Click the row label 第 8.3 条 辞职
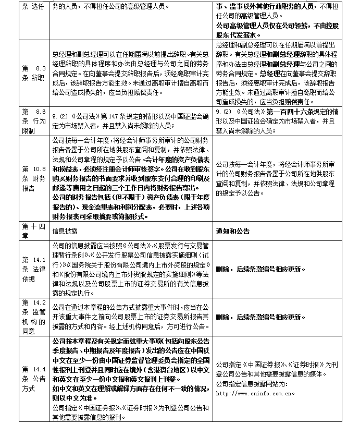coord(35,74)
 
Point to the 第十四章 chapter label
coord(35,231)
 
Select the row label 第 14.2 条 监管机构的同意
coord(35,317)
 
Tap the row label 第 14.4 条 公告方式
coord(35,378)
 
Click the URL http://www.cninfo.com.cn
coord(255,393)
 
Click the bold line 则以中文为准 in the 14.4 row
coord(75,396)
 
